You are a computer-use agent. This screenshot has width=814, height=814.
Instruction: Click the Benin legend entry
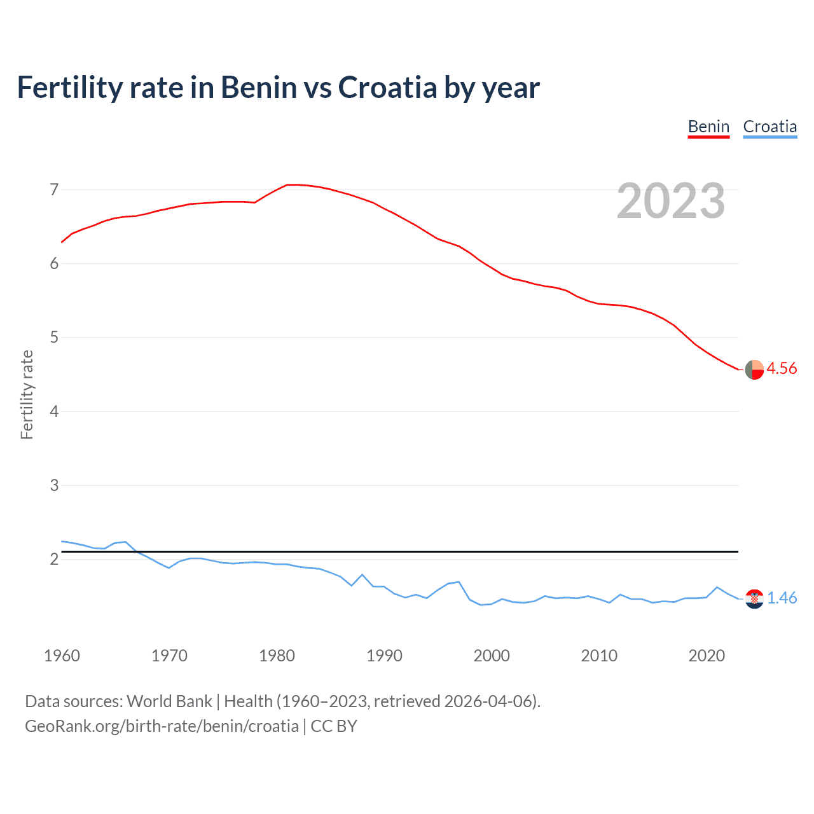click(708, 127)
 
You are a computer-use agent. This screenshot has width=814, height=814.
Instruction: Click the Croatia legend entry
click(769, 127)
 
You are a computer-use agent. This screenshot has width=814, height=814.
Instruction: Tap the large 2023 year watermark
click(671, 201)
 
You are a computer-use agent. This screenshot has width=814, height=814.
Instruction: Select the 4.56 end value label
click(782, 369)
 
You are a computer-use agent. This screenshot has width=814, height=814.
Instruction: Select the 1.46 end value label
click(782, 598)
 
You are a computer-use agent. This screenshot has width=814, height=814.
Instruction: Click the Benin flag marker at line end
click(754, 369)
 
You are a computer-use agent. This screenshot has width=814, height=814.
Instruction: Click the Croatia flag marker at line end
click(754, 599)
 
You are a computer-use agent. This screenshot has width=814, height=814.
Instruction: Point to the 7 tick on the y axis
click(54, 190)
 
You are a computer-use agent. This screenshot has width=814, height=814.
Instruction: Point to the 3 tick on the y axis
click(54, 486)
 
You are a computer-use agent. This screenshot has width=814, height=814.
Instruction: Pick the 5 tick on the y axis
click(54, 338)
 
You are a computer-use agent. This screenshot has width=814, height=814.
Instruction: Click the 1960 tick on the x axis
click(62, 656)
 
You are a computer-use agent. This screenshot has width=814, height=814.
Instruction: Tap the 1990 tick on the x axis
click(384, 656)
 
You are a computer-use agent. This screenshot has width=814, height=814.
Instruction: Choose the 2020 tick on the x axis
click(707, 656)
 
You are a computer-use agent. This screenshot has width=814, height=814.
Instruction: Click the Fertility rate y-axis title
click(27, 394)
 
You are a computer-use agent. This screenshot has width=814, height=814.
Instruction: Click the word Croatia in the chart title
click(387, 87)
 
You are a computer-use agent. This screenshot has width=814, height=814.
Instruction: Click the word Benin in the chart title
click(259, 87)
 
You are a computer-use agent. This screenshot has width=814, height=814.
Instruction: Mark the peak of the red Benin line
click(291, 184)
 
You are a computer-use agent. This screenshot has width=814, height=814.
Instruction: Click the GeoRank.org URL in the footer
click(162, 726)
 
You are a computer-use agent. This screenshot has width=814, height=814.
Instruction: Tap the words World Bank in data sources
click(169, 701)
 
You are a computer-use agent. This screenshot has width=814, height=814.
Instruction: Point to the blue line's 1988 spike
click(362, 575)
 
